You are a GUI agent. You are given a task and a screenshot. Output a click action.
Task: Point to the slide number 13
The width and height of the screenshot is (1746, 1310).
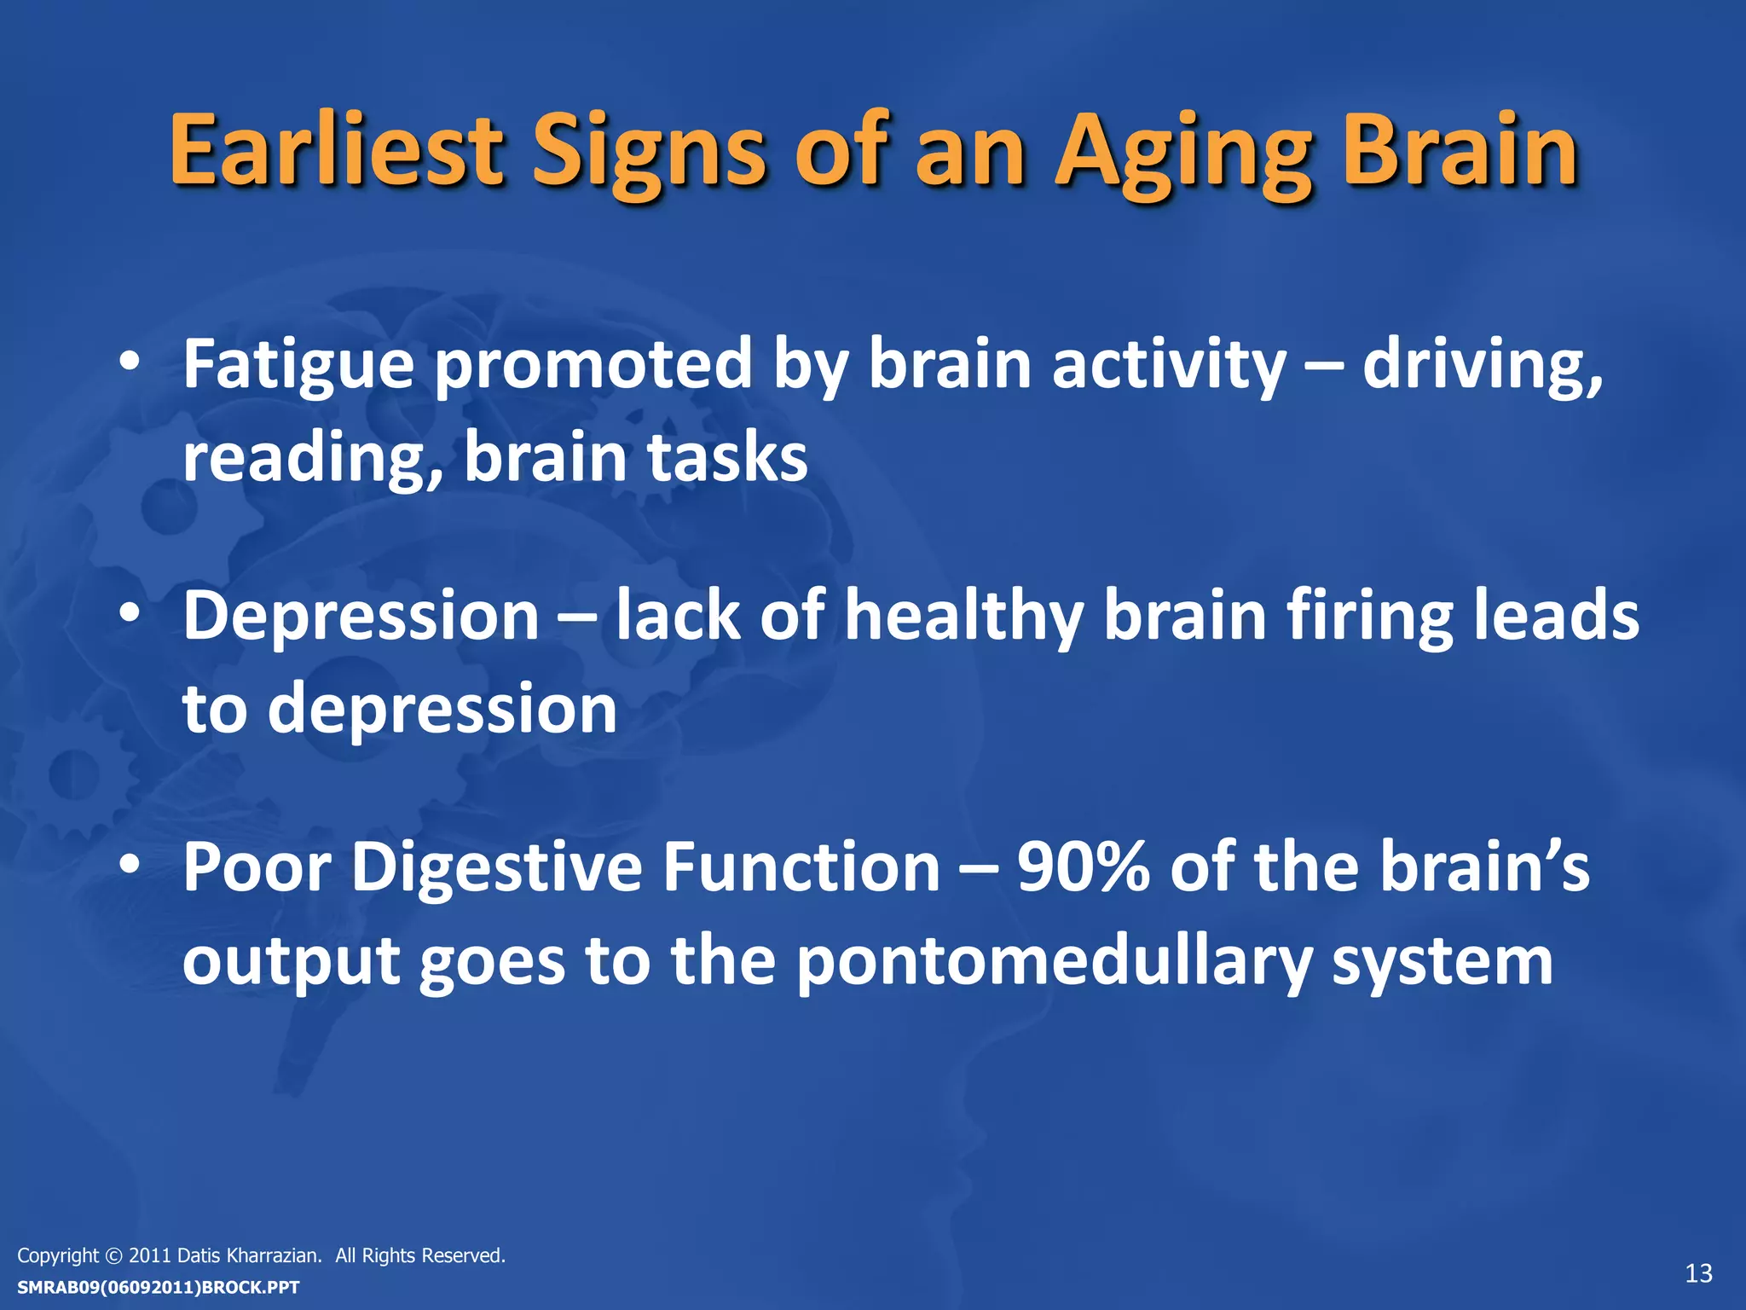(1698, 1273)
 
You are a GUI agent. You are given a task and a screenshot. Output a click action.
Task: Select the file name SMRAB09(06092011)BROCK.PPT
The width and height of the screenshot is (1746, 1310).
(159, 1287)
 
